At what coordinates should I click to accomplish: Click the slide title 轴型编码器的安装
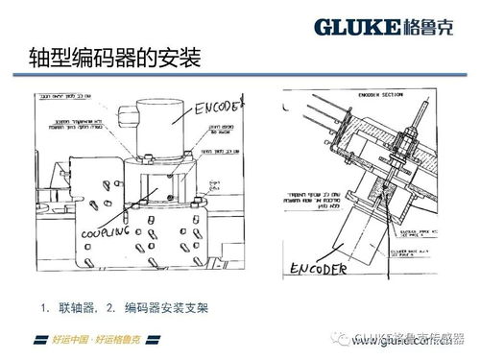coord(113,60)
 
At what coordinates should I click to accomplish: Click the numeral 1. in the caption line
coord(45,308)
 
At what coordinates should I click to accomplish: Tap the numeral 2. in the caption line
coord(111,308)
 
